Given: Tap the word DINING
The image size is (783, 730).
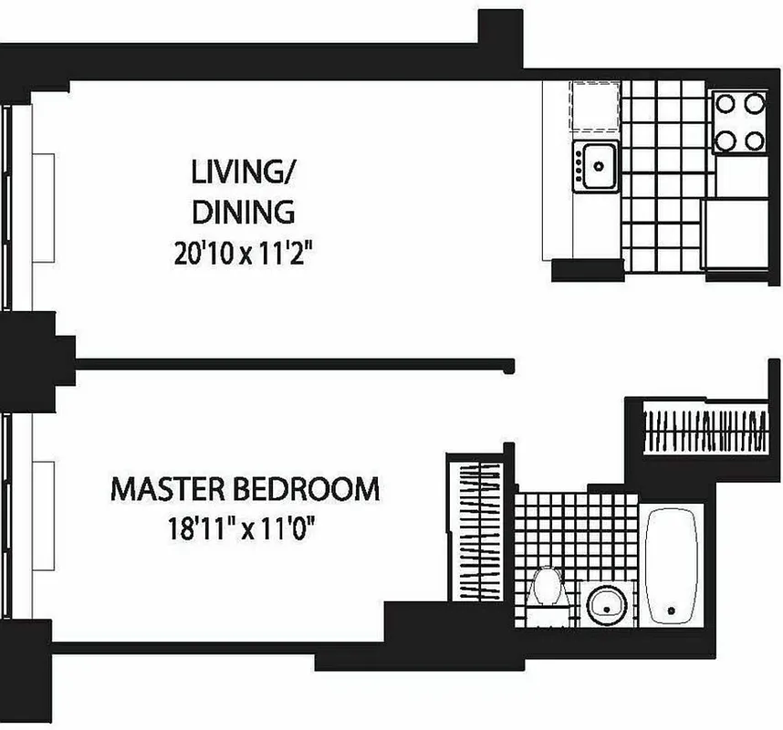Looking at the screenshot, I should [243, 212].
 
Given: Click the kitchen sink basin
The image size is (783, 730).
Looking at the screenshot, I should [598, 166].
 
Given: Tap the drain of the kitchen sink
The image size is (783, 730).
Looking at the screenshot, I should [600, 166].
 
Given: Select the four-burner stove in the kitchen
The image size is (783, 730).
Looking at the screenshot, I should [738, 121].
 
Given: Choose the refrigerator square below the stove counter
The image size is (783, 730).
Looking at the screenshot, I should [734, 234].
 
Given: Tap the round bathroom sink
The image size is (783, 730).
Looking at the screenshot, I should [603, 603].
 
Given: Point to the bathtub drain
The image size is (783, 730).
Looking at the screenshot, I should [671, 610].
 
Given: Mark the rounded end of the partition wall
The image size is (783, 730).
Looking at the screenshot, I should [508, 366].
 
